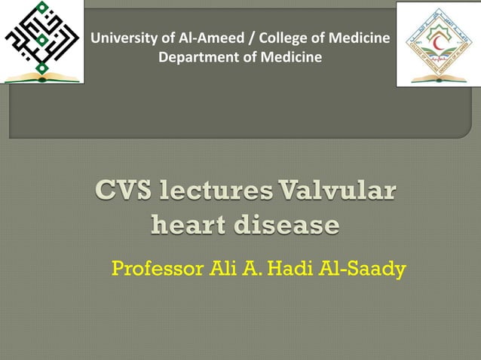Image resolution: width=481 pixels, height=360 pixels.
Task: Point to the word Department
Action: (x=195, y=57)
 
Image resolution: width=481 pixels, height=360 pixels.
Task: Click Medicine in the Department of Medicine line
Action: (x=295, y=57)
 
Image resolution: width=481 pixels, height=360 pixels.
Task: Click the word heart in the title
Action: (x=191, y=224)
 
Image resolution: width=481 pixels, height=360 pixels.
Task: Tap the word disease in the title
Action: (x=290, y=224)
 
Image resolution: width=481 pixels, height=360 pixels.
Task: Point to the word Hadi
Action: (x=302, y=267)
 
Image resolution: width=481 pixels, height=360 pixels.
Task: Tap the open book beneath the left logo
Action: (x=42, y=76)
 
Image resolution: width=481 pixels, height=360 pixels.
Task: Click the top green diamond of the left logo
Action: (x=42, y=7)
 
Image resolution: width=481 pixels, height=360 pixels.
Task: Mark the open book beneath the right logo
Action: (x=437, y=76)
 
